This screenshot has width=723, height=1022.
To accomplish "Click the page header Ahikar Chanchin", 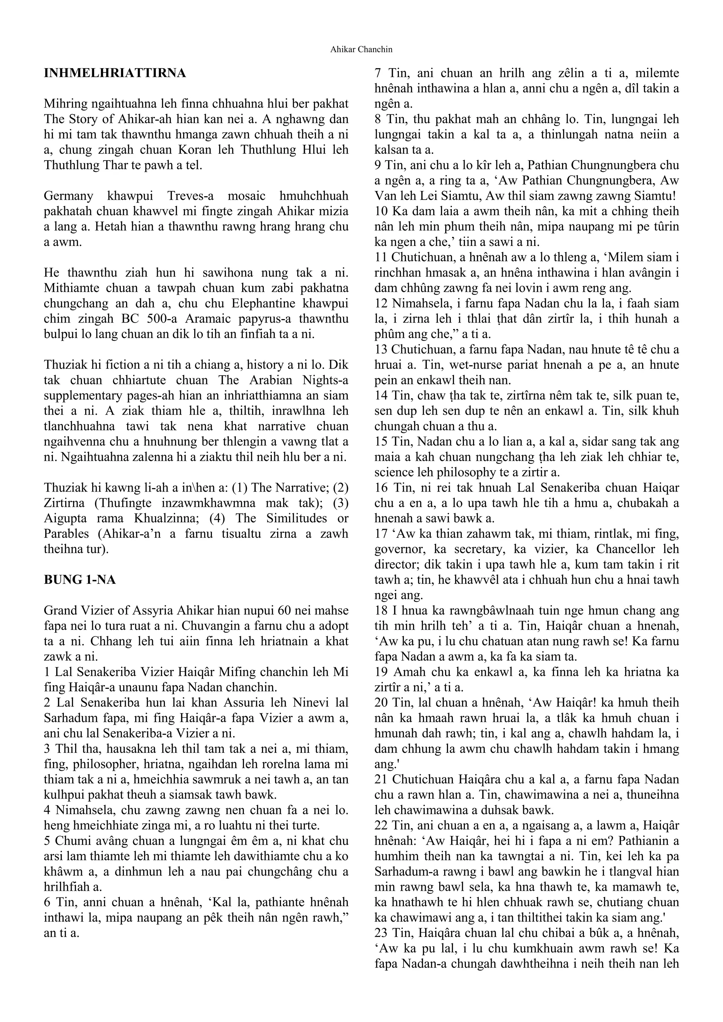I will pos(361,49).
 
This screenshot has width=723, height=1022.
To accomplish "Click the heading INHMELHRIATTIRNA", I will pos(114,73).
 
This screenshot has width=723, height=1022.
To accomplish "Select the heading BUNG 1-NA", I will pos(80,580).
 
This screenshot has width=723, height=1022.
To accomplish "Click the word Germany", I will pos(68,196).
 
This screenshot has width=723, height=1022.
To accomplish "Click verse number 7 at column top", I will pos(378,73).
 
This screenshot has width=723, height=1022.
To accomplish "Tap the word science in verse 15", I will pos(393,472).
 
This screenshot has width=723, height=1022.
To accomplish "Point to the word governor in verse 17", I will pos(395,549).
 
